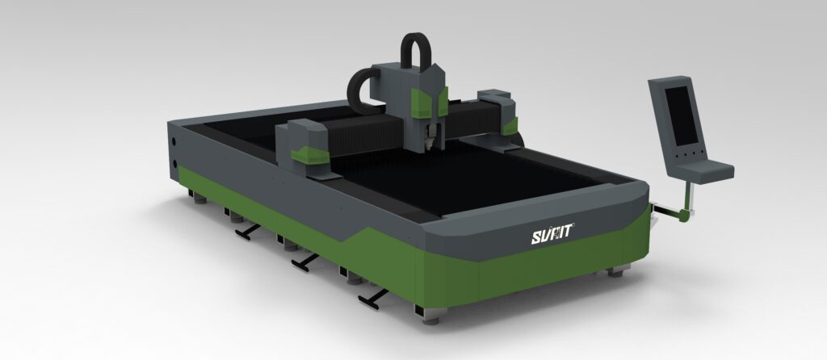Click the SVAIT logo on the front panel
pos(552,233)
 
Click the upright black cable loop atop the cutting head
pos(416,51)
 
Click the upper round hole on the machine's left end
pos(174,141)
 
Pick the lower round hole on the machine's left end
pos(174,164)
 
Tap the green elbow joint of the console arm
pos(684,213)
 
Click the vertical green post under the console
pos(688,195)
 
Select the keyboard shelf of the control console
pos(705,171)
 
